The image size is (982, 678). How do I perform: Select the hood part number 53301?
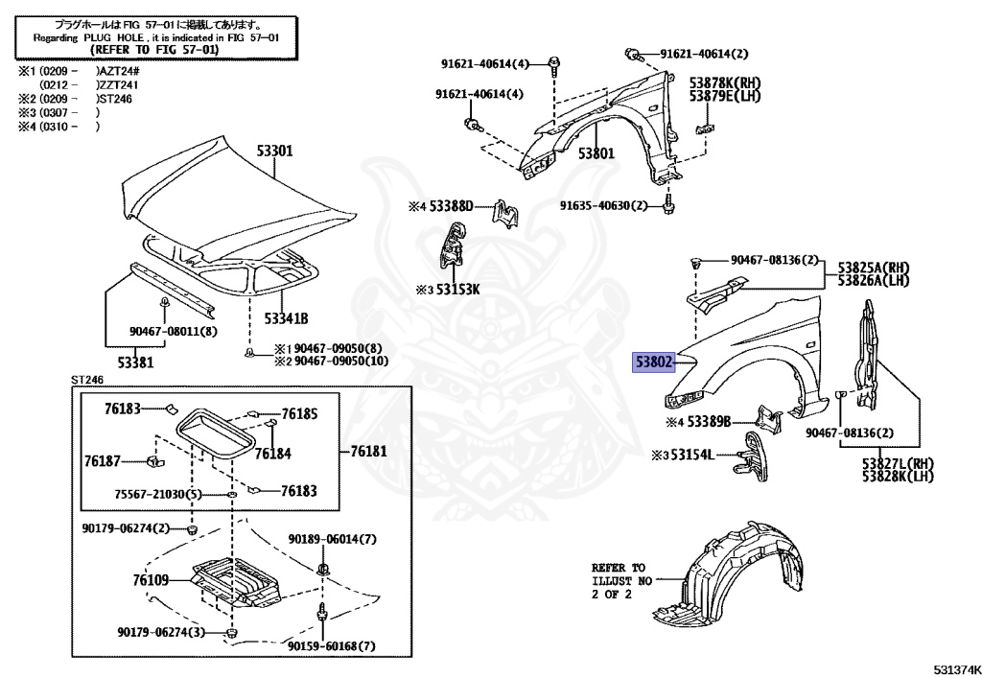click(273, 151)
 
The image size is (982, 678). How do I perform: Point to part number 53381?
click(135, 362)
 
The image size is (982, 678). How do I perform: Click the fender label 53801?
click(596, 152)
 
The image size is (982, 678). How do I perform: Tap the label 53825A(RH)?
click(874, 267)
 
